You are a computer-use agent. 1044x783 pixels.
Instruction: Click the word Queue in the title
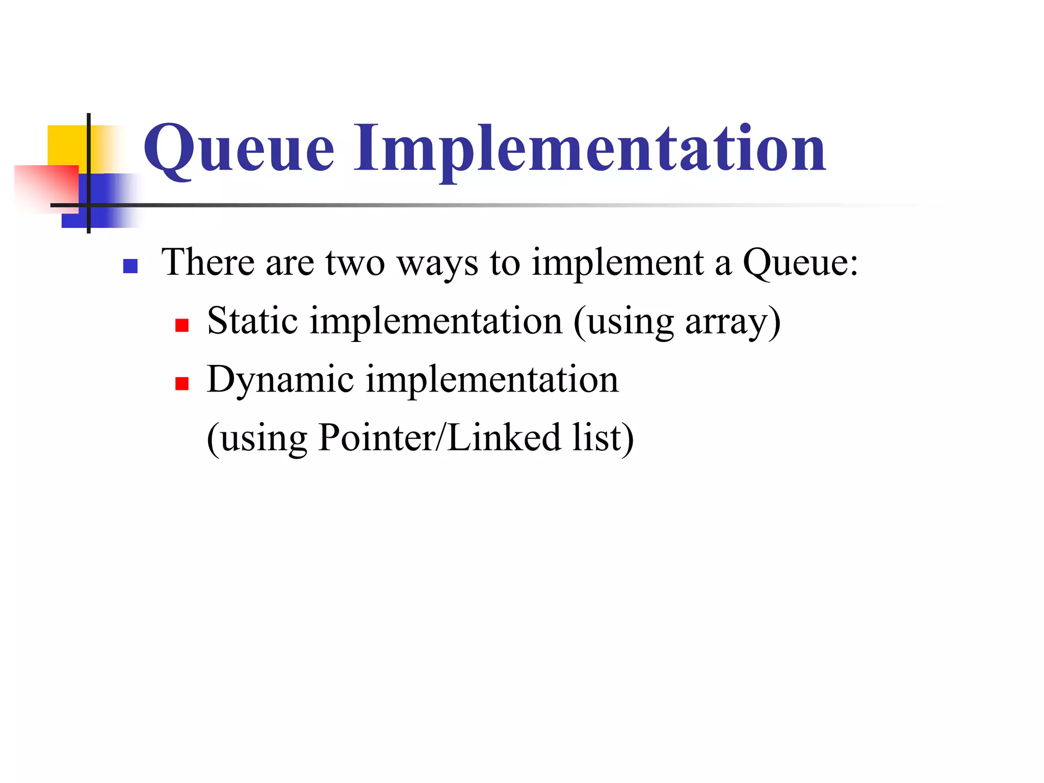tap(239, 149)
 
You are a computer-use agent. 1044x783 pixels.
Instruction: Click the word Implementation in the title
tap(589, 149)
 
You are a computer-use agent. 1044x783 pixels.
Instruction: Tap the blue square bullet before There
tap(130, 266)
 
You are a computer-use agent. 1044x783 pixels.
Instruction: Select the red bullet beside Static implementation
tap(182, 325)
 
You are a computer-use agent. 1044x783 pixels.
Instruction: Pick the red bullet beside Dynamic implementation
tap(182, 383)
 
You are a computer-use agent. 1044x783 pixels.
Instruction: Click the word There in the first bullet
tap(207, 262)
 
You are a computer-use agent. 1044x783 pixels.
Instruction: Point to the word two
tap(355, 263)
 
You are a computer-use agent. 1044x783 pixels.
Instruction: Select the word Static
tap(252, 321)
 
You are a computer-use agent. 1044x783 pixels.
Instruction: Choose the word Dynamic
tap(280, 380)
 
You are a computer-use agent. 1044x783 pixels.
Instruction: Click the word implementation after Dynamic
tap(492, 380)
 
